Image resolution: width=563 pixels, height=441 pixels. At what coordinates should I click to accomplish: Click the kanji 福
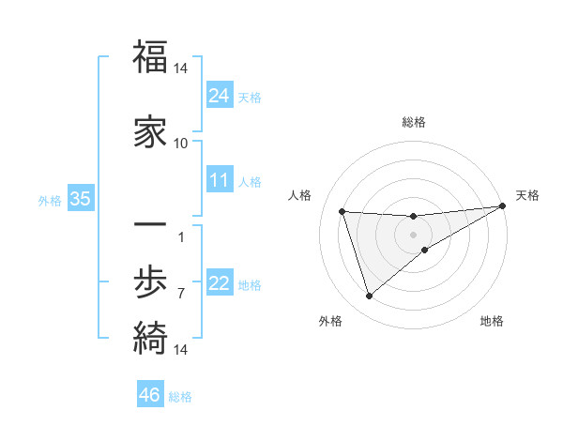(x=150, y=57)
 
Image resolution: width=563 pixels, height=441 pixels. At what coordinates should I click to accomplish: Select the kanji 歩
(x=150, y=281)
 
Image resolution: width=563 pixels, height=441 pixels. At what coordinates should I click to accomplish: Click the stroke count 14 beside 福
(x=181, y=68)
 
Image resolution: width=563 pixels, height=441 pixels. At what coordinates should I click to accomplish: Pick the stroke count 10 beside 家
(x=181, y=143)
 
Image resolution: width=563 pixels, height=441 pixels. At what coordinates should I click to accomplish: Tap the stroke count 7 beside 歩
(x=181, y=293)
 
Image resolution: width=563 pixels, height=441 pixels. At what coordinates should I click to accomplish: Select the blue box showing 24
(x=220, y=96)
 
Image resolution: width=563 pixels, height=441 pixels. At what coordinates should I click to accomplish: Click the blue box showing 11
(x=220, y=180)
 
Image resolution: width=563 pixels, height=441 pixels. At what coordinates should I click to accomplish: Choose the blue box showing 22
(x=220, y=283)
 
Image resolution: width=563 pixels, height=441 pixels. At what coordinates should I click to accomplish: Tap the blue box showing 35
(x=81, y=199)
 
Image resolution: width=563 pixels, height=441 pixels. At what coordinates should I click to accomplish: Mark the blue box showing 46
(x=150, y=395)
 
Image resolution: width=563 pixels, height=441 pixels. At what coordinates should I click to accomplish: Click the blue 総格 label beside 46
(x=180, y=397)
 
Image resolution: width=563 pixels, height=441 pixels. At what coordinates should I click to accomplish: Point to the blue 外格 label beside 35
(x=50, y=200)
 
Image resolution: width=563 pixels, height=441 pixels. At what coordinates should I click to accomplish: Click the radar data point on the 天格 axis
(x=503, y=206)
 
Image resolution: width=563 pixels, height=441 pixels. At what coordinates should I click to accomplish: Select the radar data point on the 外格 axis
(x=369, y=297)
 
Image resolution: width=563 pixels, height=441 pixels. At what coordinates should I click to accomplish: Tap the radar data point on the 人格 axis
(x=342, y=211)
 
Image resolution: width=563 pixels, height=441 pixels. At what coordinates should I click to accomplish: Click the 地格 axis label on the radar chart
(x=492, y=321)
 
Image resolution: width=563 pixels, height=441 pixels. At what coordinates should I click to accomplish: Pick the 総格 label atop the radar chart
(x=414, y=122)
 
